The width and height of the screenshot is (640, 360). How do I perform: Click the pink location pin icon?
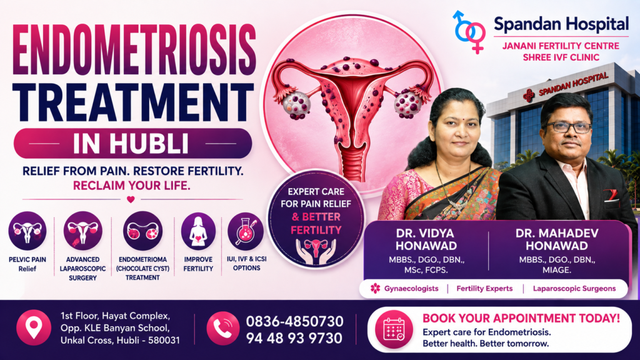coord(34,327)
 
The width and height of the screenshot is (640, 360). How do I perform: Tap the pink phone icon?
coord(223,328)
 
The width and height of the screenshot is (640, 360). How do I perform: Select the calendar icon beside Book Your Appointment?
coord(394,329)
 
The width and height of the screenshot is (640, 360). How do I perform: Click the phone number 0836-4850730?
coord(294,321)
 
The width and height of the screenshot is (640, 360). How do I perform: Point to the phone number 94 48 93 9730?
coord(294,338)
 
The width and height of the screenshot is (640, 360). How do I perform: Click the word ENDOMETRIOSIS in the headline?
coord(134,50)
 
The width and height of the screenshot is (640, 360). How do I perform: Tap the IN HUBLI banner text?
coord(131,143)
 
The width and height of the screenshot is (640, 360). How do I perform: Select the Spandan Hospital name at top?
coord(561,24)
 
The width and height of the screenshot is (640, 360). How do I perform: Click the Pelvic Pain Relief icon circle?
coord(27,231)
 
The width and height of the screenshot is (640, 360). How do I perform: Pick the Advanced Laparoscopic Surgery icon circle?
coord(83,231)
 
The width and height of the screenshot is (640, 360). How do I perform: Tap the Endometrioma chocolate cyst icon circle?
coord(142,231)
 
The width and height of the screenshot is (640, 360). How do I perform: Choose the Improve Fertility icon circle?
coord(198,231)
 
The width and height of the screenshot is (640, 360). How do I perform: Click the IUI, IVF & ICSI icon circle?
coord(245,231)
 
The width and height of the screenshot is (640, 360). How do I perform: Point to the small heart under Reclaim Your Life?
coord(131,199)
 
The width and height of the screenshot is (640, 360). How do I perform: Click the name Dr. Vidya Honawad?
coord(426,239)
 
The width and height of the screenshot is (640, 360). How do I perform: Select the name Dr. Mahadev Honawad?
coord(557,239)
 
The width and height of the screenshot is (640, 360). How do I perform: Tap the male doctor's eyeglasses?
coord(567,127)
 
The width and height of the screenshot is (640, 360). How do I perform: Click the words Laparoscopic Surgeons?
coord(574,289)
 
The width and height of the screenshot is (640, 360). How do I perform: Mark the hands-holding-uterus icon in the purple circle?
coord(316,251)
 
